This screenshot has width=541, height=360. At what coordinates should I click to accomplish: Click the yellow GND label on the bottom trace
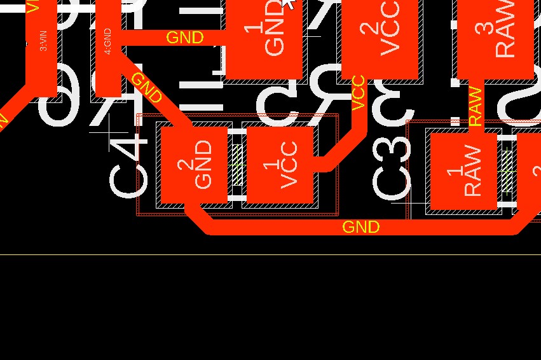click(x=361, y=227)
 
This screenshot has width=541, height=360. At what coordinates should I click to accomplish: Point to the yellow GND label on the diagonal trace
click(x=147, y=88)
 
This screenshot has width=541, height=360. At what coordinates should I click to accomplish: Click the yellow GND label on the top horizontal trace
click(x=184, y=38)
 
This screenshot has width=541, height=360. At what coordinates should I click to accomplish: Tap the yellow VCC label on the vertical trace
click(x=359, y=93)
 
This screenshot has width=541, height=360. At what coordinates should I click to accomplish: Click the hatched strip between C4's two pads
click(x=237, y=165)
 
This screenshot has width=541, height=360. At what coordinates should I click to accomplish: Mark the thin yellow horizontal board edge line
click(x=270, y=255)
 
